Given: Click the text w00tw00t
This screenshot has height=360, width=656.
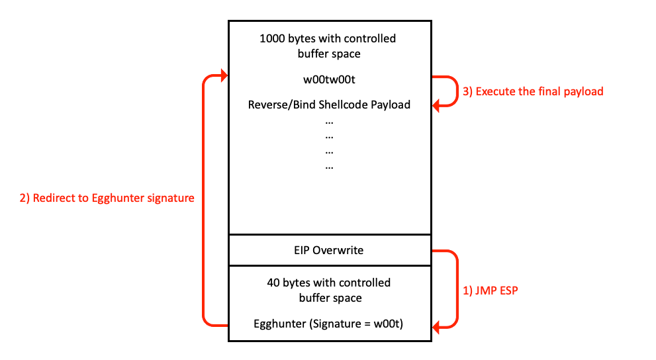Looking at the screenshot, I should pyautogui.click(x=329, y=80).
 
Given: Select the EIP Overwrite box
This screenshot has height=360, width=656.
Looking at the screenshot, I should pyautogui.click(x=329, y=250).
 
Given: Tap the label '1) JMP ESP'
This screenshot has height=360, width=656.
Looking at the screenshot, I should pyautogui.click(x=489, y=290).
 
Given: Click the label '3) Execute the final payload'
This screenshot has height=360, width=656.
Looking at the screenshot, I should pyautogui.click(x=533, y=91).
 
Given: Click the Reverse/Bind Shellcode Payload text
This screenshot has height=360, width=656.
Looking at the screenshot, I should pyautogui.click(x=329, y=105).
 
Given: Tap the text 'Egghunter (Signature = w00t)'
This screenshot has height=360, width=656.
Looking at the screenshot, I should pyautogui.click(x=329, y=324).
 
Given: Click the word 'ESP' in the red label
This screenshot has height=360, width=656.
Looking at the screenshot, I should pyautogui.click(x=506, y=290).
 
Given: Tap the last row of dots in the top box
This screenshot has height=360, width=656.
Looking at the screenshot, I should pyautogui.click(x=329, y=166).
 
